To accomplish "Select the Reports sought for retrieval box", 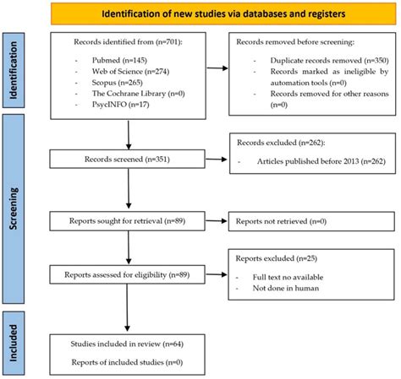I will point(128,219).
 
